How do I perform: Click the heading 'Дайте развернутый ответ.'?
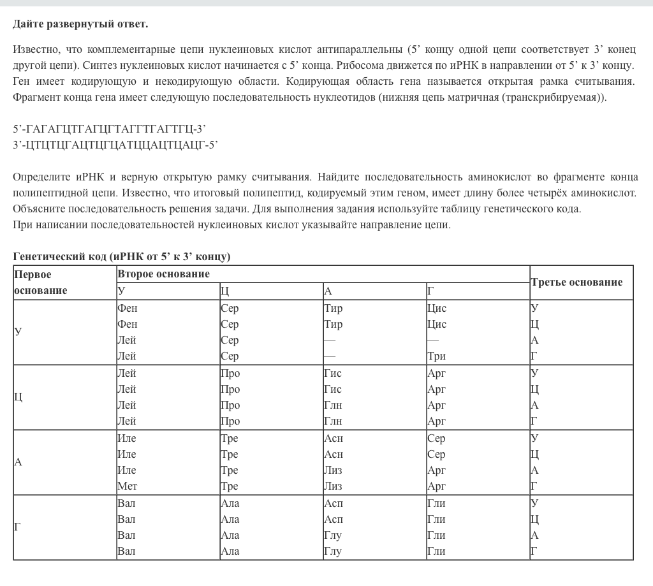(80, 24)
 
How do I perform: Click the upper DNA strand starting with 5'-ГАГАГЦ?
(109, 129)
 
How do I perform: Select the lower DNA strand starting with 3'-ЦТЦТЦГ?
(115, 145)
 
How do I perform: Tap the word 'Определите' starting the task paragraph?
(38, 176)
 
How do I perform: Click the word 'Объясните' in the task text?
(36, 209)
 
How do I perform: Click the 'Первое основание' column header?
(41, 282)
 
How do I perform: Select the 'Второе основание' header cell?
(163, 274)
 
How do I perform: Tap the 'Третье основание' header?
(576, 282)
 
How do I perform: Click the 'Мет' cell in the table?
(127, 486)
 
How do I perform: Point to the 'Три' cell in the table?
(436, 356)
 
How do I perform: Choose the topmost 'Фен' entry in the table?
(127, 308)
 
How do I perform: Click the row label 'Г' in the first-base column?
(18, 527)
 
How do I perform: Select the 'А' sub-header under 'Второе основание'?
(328, 291)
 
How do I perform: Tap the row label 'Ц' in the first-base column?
(18, 397)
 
